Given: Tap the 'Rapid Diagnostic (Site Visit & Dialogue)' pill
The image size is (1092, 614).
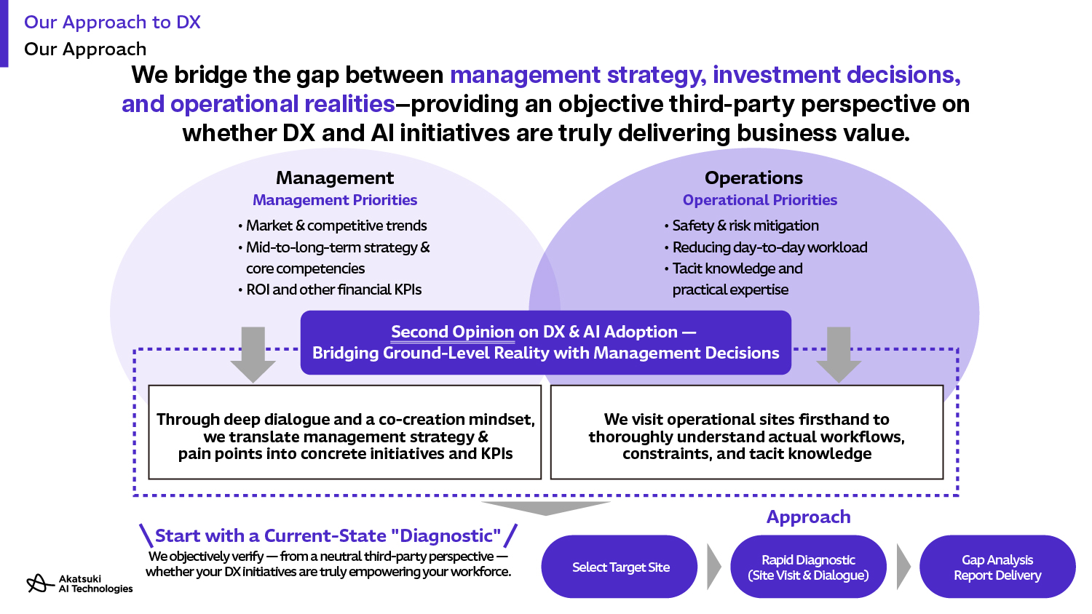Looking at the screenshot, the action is click(x=808, y=567).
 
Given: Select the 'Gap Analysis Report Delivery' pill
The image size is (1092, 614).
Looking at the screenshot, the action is click(x=997, y=567).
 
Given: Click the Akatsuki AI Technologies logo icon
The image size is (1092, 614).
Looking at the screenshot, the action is click(x=40, y=583).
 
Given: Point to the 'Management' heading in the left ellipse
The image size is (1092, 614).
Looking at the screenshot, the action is click(x=335, y=178).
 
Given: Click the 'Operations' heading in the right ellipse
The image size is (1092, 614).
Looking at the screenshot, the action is click(x=753, y=178).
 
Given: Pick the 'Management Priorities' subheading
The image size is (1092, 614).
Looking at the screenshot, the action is click(x=335, y=200).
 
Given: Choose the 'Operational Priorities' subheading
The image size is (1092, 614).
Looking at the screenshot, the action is click(x=760, y=200).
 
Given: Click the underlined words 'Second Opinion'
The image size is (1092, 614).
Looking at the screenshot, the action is click(x=452, y=332).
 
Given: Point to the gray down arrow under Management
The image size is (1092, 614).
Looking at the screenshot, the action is click(x=253, y=355).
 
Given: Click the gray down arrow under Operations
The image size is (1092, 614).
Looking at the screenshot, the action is click(x=839, y=355).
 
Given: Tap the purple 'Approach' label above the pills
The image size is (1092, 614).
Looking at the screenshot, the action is click(x=808, y=517).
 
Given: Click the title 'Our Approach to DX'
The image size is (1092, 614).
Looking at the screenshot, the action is click(x=112, y=23).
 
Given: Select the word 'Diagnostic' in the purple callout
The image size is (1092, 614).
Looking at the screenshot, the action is click(x=449, y=535).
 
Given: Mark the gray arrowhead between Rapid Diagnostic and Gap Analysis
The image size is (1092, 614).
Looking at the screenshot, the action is click(x=903, y=567).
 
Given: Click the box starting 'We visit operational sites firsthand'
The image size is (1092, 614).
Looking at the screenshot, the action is click(x=747, y=432).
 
